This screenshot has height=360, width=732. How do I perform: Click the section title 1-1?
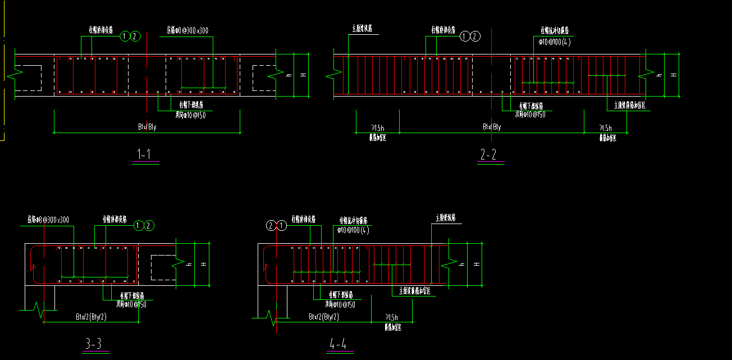pyautogui.click(x=145, y=154)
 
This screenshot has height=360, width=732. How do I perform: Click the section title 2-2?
pyautogui.click(x=489, y=155)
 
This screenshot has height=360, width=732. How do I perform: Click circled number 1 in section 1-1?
pyautogui.click(x=125, y=37)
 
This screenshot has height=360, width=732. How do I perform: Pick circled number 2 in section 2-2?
pyautogui.click(x=475, y=37)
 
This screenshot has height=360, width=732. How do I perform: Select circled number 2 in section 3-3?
pyautogui.click(x=148, y=226)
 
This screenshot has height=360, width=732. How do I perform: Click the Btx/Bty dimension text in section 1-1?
pyautogui.click(x=147, y=127)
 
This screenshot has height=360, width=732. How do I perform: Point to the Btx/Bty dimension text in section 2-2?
pyautogui.click(x=492, y=127)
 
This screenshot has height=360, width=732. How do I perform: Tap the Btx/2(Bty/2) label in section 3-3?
pyautogui.click(x=91, y=317)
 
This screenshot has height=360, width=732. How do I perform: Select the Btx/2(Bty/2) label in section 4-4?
pyautogui.click(x=323, y=317)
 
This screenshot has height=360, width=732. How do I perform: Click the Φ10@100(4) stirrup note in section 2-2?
pyautogui.click(x=551, y=42)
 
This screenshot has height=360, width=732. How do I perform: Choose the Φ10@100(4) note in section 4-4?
pyautogui.click(x=353, y=230)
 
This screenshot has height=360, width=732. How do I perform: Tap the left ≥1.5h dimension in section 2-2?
pyautogui.click(x=377, y=128)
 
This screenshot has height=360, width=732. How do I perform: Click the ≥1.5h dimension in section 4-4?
pyautogui.click(x=392, y=317)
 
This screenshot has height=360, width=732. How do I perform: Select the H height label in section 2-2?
pyautogui.click(x=674, y=75)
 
